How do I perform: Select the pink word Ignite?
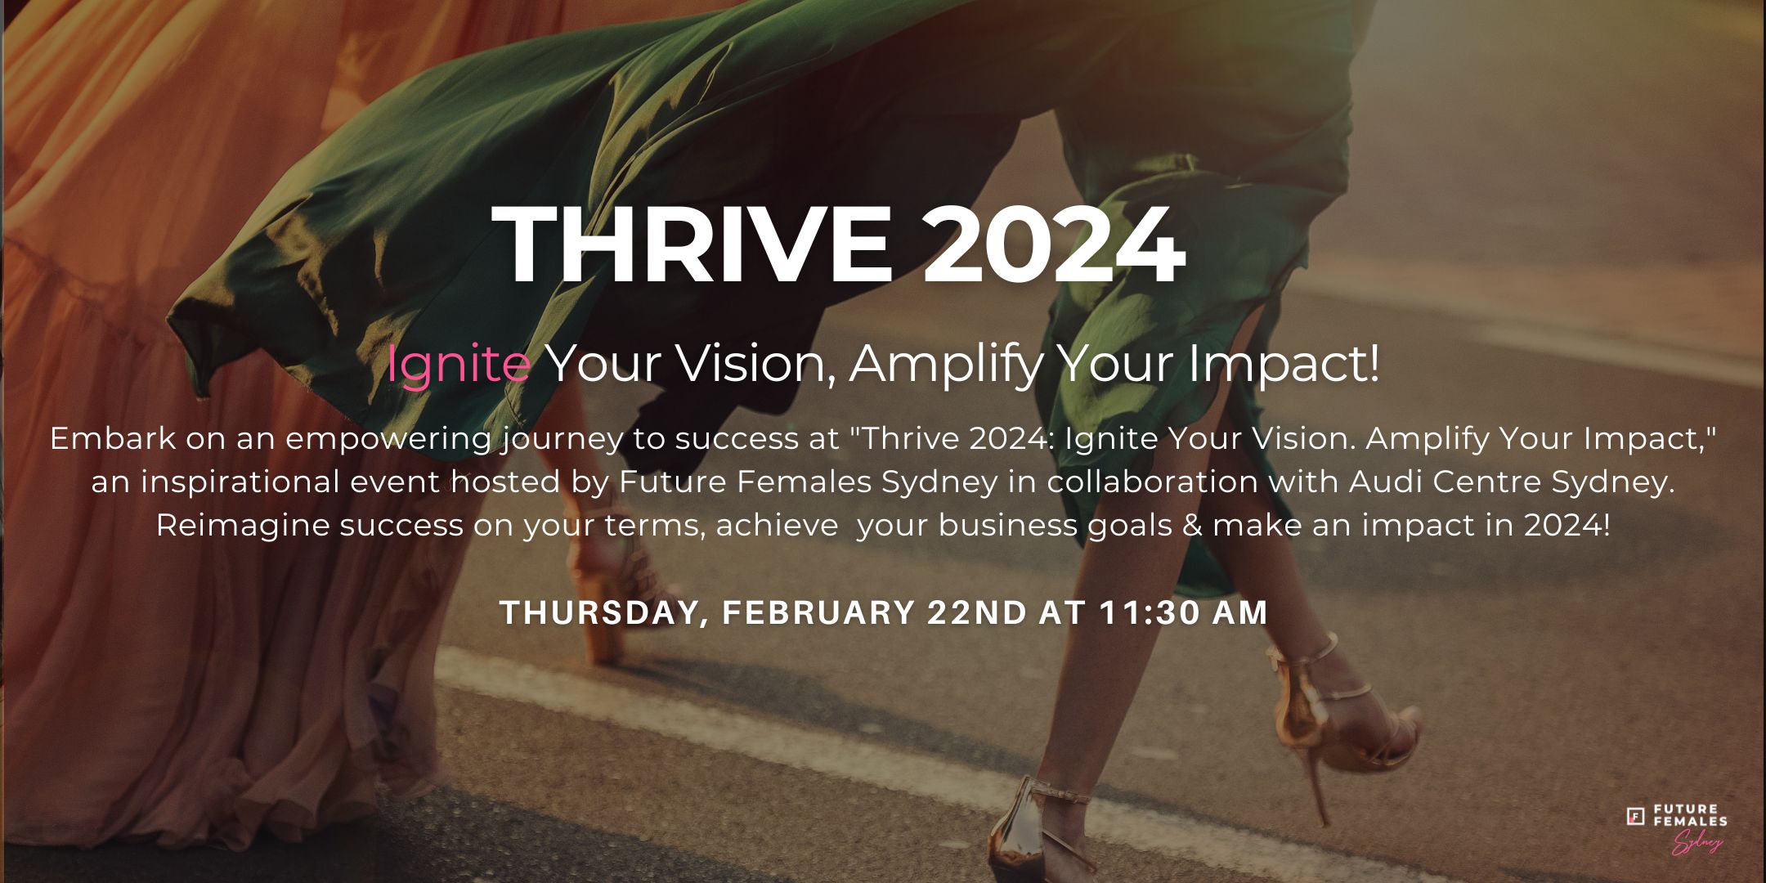(x=459, y=365)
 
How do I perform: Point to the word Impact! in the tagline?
(x=1284, y=365)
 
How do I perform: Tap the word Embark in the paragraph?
(x=113, y=439)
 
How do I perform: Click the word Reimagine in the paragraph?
(x=243, y=525)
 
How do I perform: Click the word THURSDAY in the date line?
(x=603, y=613)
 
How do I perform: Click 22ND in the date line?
(x=976, y=613)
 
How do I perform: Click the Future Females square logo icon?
(x=1636, y=816)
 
